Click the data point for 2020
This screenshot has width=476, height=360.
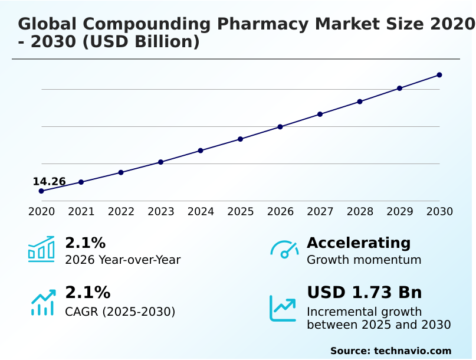pos(41,191)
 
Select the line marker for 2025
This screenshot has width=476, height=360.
pos(241,139)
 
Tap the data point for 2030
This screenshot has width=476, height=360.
pos(439,75)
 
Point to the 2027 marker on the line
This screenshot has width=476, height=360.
pos(320,114)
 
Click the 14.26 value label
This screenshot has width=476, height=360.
pos(49,182)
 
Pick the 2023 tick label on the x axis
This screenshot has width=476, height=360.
pos(161,212)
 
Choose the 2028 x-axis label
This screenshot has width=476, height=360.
pos(360,212)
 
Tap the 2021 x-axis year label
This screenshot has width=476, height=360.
pos(81,212)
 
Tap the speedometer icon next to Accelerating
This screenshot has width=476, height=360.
pos(284,249)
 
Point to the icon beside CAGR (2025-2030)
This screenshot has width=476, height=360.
pos(43,302)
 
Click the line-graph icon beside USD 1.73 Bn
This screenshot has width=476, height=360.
pos(283,308)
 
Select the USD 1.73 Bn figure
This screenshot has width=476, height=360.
pos(364,293)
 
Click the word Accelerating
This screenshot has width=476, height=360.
pos(359,243)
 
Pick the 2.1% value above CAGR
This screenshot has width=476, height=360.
pos(87,293)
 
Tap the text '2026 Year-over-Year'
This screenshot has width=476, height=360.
pos(123,260)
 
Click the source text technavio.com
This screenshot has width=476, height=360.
pos(412,351)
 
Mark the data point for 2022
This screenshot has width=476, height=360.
pos(121,172)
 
